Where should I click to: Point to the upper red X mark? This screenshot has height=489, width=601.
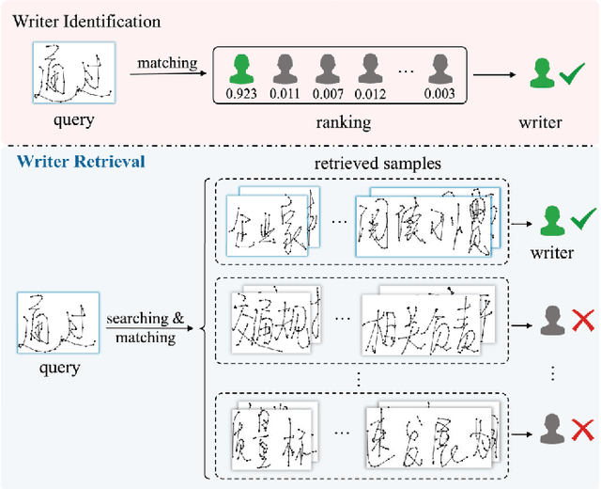coord(583,323)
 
